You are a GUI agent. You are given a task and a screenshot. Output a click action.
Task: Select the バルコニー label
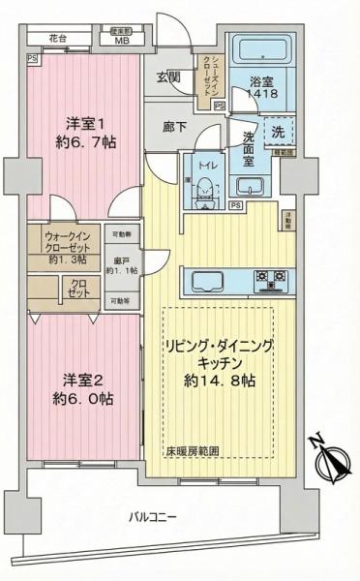154,518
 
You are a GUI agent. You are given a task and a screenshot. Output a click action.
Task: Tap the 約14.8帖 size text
222,381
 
